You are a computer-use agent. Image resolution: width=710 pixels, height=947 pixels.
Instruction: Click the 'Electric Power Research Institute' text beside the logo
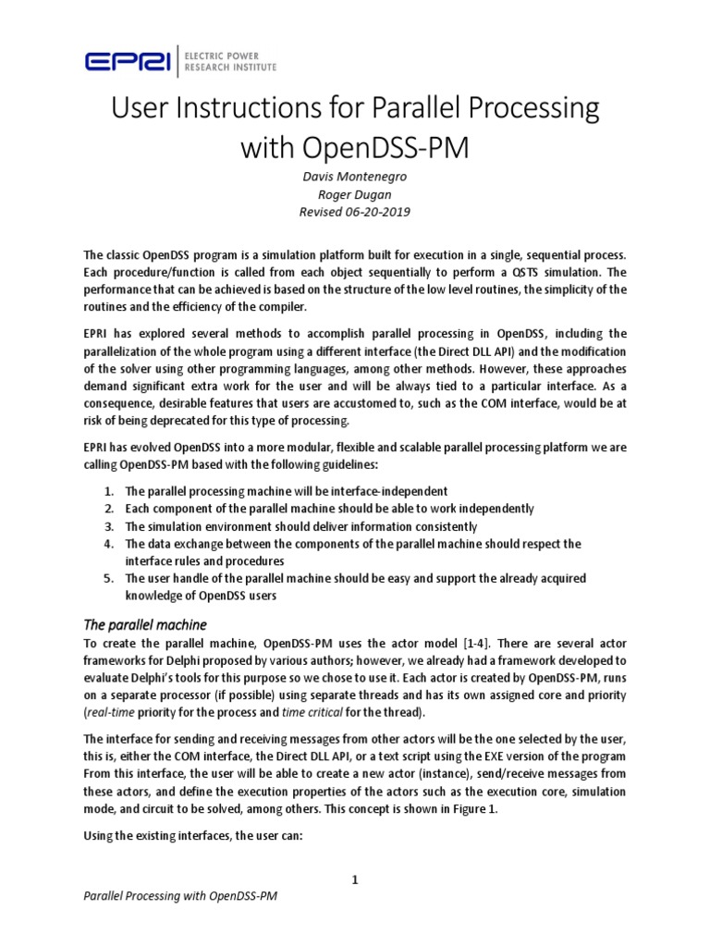tap(226, 61)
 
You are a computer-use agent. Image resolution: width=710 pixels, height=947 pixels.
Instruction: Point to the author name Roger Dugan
tap(354, 195)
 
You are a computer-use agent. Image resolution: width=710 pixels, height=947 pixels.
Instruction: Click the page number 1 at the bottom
tap(354, 879)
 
